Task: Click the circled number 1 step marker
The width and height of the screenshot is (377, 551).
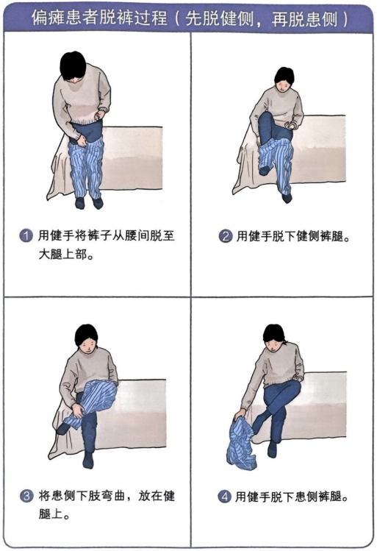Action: point(26,235)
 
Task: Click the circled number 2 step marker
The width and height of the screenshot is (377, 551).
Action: point(225,236)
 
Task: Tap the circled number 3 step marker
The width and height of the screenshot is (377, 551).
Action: point(26,496)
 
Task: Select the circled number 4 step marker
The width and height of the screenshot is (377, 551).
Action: point(224,497)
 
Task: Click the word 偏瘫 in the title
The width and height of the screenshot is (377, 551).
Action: point(48,17)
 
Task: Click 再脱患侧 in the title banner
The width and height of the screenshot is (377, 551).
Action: point(304,18)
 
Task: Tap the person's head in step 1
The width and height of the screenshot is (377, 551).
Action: point(73,66)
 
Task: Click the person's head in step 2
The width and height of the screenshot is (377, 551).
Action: point(284,79)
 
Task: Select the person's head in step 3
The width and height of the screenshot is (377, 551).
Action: point(87,339)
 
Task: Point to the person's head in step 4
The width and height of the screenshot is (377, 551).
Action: point(275,338)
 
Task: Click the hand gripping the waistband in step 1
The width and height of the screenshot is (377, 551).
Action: point(82,141)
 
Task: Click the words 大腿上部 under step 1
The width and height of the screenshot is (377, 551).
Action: point(62,254)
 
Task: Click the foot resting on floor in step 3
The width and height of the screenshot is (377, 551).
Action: point(87,461)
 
